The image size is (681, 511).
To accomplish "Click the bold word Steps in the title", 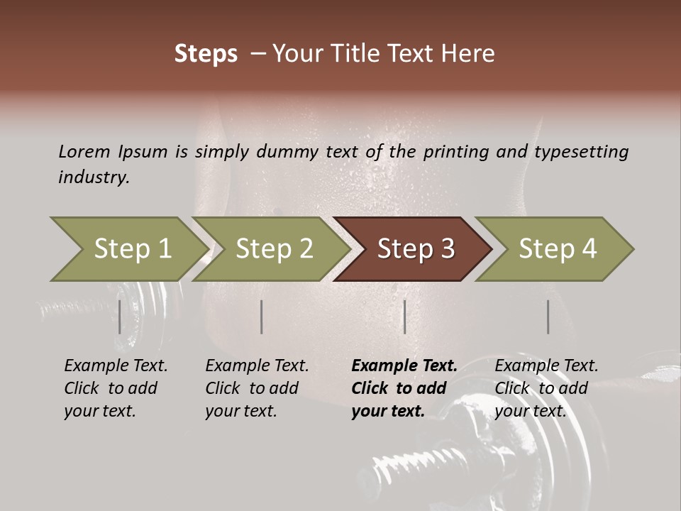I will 206,54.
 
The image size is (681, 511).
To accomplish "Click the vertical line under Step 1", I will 120,317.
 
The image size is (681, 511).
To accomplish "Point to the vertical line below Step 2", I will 262,317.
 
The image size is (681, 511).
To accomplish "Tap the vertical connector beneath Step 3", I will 405,317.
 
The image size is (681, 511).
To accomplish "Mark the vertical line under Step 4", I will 548,317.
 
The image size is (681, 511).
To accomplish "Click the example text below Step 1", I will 116,388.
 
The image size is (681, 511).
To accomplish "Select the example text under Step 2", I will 257,388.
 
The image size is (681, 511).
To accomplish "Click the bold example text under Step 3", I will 404,388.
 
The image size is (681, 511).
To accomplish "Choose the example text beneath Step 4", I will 546,388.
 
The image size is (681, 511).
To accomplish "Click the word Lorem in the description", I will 84,151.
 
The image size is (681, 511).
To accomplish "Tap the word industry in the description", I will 93,177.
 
